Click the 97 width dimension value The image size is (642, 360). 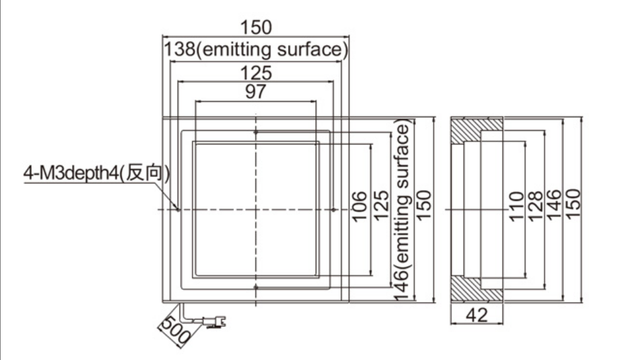(256, 91)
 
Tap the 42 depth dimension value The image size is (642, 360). (477, 315)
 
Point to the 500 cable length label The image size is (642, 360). (176, 331)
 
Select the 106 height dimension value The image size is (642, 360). (359, 206)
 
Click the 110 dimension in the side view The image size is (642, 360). (516, 206)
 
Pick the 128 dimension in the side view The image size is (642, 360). (535, 206)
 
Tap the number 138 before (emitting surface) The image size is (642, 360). (180, 49)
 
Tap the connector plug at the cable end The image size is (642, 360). (214, 322)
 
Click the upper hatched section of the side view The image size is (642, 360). (477, 130)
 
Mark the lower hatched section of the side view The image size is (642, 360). (477, 290)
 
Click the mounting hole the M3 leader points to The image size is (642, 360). (178, 210)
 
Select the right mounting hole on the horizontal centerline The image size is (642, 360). (334, 210)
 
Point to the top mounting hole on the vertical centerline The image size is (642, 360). (256, 132)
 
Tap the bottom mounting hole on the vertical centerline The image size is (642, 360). (256, 287)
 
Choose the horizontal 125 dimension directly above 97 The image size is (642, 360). (256, 73)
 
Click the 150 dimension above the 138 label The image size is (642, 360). (256, 27)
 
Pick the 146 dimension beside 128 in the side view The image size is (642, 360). (554, 205)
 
